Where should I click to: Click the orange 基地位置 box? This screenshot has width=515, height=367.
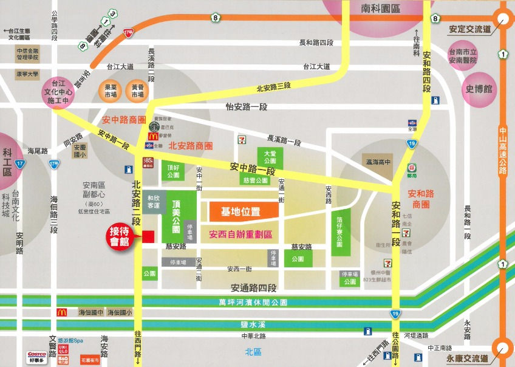point(240,211)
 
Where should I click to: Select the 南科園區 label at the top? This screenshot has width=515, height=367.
point(380,10)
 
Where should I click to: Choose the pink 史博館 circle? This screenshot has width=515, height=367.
point(479,89)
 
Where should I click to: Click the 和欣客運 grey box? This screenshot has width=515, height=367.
point(154,202)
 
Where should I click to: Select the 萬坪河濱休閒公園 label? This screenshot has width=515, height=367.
point(253,302)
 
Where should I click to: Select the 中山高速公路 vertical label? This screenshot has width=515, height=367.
point(502,149)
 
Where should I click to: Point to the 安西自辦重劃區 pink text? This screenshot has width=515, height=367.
point(240,234)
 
